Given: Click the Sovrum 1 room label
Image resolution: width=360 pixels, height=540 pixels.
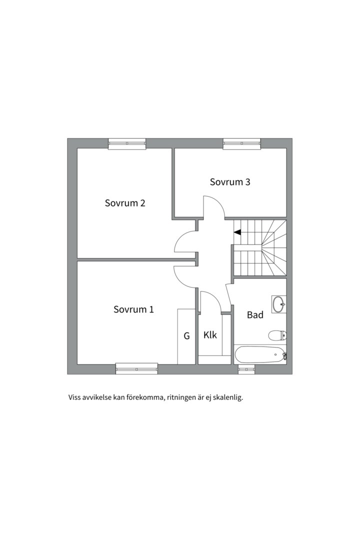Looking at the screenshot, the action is coord(133,309).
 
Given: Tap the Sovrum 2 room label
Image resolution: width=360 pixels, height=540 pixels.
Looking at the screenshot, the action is coord(125,203).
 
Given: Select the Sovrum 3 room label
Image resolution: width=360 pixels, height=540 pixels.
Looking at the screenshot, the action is coord(230,182).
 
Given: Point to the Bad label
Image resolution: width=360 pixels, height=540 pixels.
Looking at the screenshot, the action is coord(255,314).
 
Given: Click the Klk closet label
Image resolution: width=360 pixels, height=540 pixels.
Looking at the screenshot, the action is coord(210,334).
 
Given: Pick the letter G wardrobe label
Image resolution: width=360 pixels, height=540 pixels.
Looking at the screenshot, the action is coord(186,335).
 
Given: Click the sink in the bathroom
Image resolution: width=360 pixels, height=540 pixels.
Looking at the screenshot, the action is coord(278,304).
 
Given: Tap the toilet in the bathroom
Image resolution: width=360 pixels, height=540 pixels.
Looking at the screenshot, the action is coord(277,335).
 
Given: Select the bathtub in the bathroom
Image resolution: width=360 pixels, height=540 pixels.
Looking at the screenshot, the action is coord(260,354).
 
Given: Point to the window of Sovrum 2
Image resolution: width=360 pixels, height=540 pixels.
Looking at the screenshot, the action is coord(127,143).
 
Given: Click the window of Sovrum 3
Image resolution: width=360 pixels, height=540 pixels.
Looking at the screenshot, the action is coord(242,143).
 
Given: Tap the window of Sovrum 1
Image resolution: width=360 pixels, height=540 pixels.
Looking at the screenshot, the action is coord(137,368).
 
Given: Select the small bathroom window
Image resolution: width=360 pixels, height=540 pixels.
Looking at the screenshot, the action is coord(246,369).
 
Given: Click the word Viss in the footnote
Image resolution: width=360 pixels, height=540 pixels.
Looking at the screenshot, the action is coord(74,398).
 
